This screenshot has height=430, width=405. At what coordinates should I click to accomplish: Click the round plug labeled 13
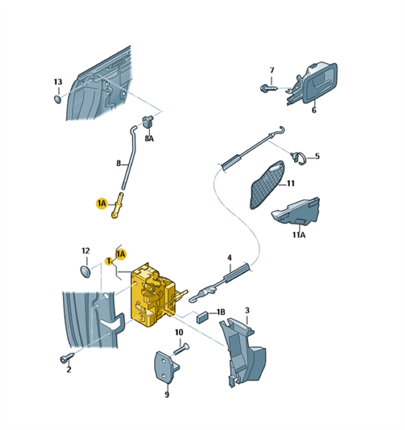pyautogui.click(x=57, y=99)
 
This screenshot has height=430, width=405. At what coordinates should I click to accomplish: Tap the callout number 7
pyautogui.click(x=272, y=70)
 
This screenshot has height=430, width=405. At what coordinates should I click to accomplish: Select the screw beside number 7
pyautogui.click(x=269, y=88)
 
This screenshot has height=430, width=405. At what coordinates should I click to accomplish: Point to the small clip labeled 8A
pyautogui.click(x=148, y=122)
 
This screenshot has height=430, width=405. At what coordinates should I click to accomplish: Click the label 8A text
pyautogui.click(x=149, y=138)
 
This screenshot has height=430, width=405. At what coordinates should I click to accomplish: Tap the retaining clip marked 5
pyautogui.click(x=297, y=158)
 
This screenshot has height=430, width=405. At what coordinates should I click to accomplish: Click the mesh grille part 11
pyautogui.click(x=267, y=185)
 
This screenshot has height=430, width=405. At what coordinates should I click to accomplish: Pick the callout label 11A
pyautogui.click(x=299, y=235)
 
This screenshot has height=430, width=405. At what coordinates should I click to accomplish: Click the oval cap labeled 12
pyautogui.click(x=85, y=271)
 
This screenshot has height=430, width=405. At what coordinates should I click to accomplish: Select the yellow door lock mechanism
pyautogui.click(x=153, y=295)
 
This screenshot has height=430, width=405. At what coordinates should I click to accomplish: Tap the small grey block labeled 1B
pyautogui.click(x=202, y=317)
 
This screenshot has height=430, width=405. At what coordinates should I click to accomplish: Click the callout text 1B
pyautogui.click(x=221, y=312)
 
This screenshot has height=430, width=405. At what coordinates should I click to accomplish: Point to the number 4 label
pyautogui.click(x=229, y=258)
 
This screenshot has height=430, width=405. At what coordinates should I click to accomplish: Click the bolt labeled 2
pyautogui.click(x=67, y=358)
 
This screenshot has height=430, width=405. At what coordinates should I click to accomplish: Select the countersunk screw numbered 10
pyautogui.click(x=181, y=349)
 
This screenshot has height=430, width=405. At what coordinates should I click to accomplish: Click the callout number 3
pyautogui.click(x=247, y=310)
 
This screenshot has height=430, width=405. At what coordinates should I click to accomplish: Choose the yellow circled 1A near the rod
pyautogui.click(x=102, y=204)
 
